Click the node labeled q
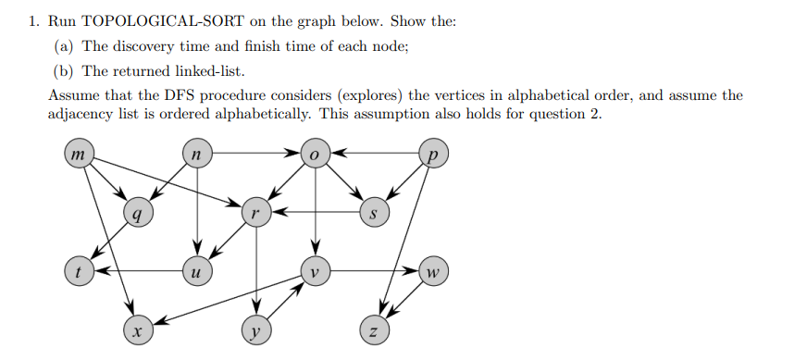point(137,214)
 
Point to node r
point(255,214)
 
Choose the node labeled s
point(374,214)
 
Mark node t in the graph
point(77,272)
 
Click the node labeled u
point(195,272)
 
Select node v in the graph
point(316,272)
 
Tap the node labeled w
point(433,272)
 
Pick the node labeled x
point(137,329)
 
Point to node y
point(255,329)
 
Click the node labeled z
point(374,329)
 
